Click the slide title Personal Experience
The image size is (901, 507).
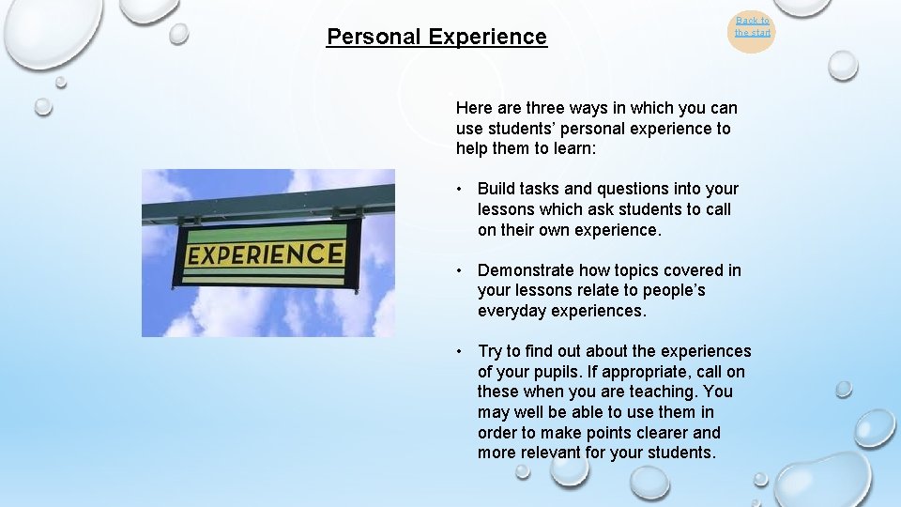tap(436, 37)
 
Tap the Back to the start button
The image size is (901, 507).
tap(752, 27)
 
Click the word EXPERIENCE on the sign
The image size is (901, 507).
tap(265, 253)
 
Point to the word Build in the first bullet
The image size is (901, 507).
tap(496, 189)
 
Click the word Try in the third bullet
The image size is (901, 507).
tap(490, 351)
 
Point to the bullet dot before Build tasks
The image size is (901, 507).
tap(460, 190)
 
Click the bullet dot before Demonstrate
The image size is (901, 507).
tap(460, 270)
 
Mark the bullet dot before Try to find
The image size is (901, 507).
tap(460, 352)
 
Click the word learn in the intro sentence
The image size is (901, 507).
tap(578, 148)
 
